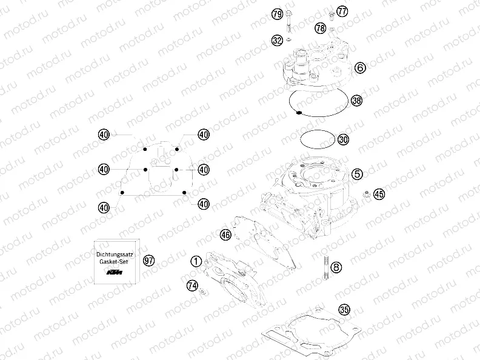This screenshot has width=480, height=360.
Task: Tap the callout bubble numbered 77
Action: click(x=342, y=12)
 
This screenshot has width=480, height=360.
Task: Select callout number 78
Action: click(x=321, y=28)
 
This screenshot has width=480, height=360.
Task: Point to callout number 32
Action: click(x=277, y=41)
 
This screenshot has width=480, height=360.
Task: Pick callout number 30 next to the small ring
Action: click(x=344, y=139)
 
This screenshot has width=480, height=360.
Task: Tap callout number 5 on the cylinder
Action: click(x=358, y=174)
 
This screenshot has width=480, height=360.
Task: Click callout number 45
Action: click(x=379, y=194)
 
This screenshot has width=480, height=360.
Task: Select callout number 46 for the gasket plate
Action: click(x=225, y=234)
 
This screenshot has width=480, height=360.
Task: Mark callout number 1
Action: click(x=196, y=261)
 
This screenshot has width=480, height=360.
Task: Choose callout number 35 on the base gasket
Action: click(x=345, y=310)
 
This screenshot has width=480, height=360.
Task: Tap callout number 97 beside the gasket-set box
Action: click(x=148, y=261)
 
